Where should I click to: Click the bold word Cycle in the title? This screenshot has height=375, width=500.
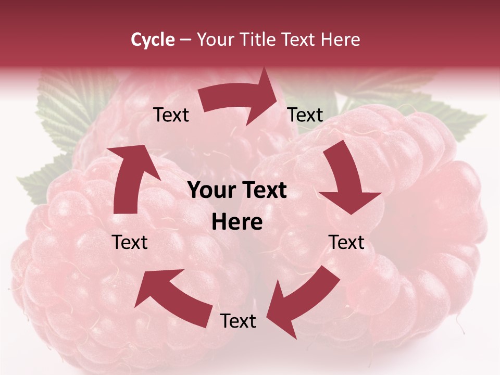[x=153, y=40]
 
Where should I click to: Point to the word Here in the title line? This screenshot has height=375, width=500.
[x=341, y=40]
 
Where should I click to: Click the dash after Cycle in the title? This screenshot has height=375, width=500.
[x=185, y=40]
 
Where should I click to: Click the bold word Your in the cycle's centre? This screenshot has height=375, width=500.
[x=210, y=191]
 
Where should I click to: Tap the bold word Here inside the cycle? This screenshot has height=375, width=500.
[x=237, y=222]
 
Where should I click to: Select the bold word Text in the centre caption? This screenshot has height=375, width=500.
[x=264, y=191]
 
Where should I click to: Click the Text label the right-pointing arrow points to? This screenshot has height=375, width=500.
[x=305, y=115]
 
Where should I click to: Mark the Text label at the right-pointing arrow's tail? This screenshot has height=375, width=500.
[x=171, y=115]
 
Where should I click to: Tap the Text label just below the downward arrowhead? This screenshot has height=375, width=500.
[x=346, y=242]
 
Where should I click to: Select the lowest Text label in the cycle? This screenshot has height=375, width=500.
[x=238, y=321]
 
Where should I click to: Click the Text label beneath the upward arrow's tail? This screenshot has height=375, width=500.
[x=130, y=242]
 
